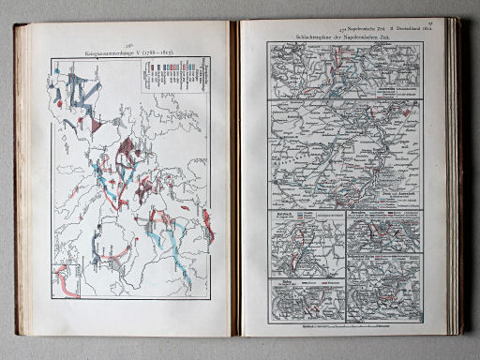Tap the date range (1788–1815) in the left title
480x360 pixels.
pyautogui.click(x=155, y=50)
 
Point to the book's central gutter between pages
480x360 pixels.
pyautogui.click(x=235, y=178)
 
